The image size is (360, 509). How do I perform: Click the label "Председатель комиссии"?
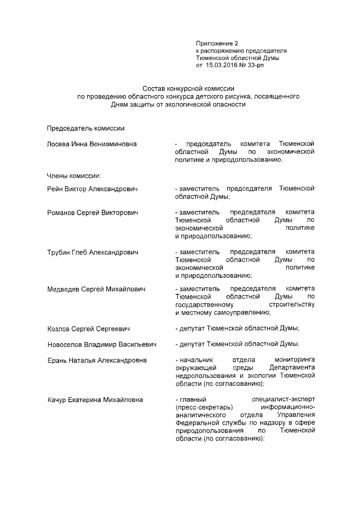tap(82, 129)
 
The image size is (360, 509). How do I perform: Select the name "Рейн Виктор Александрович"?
tap(92, 188)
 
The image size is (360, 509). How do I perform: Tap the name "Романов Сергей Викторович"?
tap(93, 213)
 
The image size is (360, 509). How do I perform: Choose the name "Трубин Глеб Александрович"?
tap(92, 251)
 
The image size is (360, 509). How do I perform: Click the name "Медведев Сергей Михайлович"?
tap(96, 289)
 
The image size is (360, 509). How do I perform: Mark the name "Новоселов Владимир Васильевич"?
tap(101, 344)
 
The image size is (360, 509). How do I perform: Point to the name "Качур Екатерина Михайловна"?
tap(94, 400)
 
